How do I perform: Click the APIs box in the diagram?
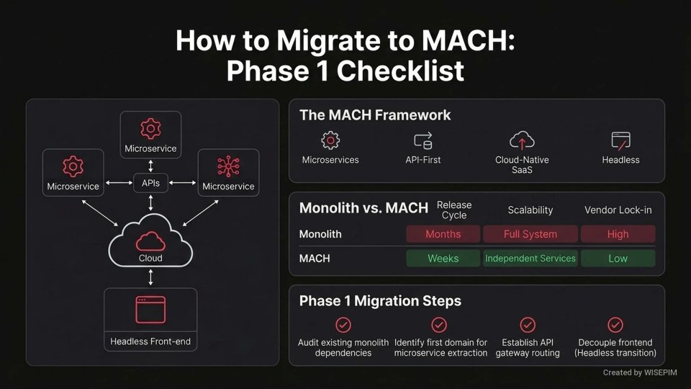tap(150, 184)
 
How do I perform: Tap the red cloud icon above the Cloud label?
tap(150, 241)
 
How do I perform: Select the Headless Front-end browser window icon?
tap(150, 310)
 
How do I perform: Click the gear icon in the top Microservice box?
tap(150, 129)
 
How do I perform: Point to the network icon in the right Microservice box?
tap(228, 166)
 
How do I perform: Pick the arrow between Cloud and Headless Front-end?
tap(150, 277)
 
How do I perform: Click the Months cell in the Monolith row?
tap(443, 234)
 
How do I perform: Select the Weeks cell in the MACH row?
tap(443, 259)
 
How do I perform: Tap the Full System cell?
tap(530, 234)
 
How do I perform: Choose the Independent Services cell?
tap(530, 259)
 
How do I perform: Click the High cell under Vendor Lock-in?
tap(618, 234)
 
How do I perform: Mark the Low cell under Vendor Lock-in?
tap(618, 259)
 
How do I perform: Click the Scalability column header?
tap(530, 210)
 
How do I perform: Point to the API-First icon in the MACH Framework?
tap(423, 140)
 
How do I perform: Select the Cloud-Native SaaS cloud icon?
tap(522, 140)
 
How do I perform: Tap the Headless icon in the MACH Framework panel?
tap(620, 140)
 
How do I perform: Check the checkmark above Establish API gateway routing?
tap(528, 325)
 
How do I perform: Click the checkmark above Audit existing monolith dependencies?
tap(343, 325)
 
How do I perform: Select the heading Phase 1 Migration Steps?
tap(380, 301)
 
